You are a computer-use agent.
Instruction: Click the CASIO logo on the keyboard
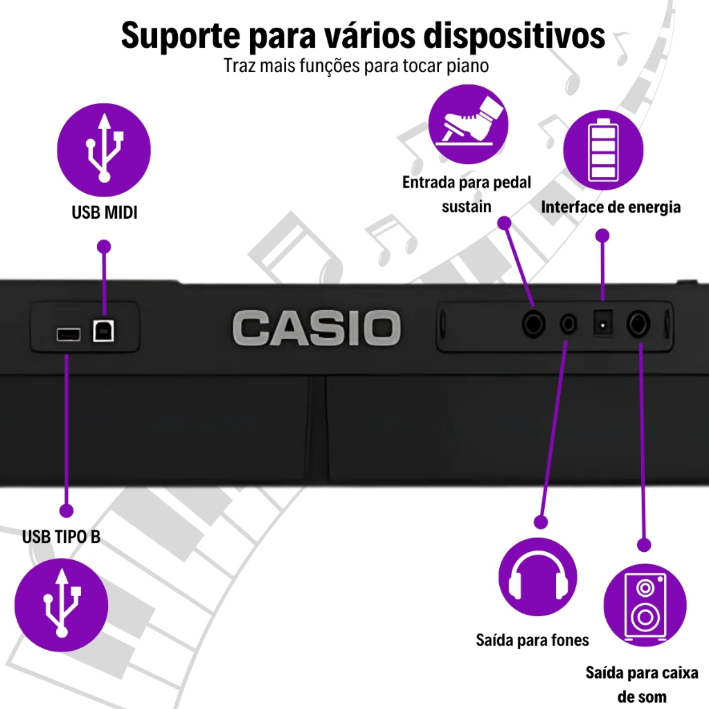click(316, 328)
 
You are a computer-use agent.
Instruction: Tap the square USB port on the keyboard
click(104, 331)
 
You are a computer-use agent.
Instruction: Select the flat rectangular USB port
click(68, 335)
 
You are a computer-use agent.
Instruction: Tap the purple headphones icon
click(538, 576)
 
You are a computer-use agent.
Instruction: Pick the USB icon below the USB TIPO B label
click(62, 604)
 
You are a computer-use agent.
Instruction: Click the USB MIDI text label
click(105, 213)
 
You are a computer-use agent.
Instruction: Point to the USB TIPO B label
click(61, 537)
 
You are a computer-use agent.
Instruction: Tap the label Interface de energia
click(610, 207)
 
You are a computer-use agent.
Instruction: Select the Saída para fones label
click(532, 640)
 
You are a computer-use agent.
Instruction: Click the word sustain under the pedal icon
click(466, 206)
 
